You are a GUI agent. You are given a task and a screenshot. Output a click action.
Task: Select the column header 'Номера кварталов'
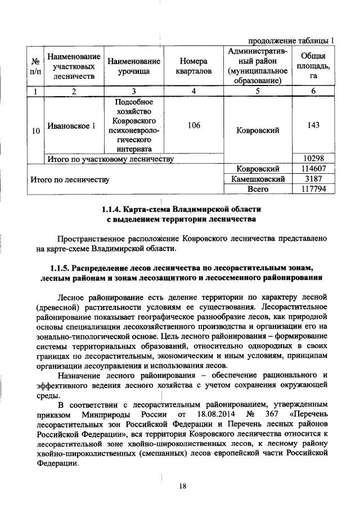point(193,66)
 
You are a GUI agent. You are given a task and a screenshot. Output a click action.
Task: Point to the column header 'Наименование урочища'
point(133,66)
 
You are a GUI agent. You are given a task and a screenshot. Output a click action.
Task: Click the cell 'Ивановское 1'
point(71,125)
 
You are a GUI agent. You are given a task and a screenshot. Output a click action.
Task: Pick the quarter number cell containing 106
point(193,125)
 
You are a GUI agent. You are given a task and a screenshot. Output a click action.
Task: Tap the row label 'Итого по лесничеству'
point(70,179)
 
